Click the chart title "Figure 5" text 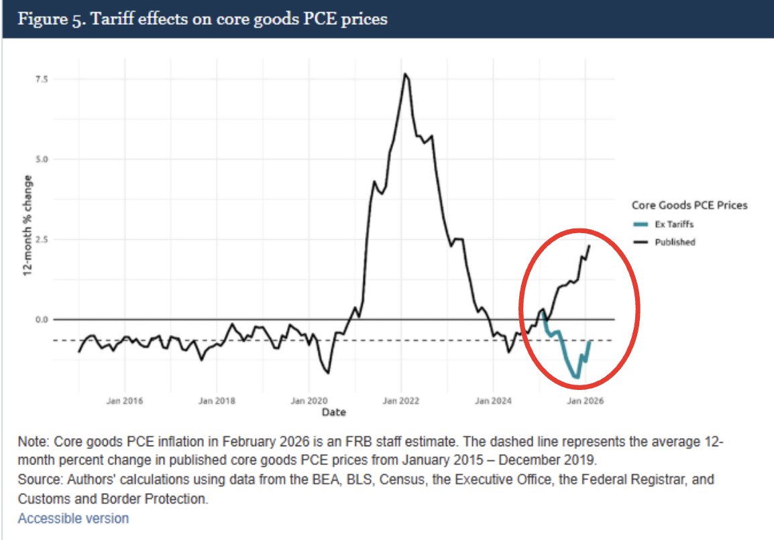click(x=202, y=19)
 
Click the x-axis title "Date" click(x=333, y=412)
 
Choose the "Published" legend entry click(x=675, y=242)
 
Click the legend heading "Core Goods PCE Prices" click(x=689, y=205)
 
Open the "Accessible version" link click(x=73, y=519)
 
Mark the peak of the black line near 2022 click(x=404, y=74)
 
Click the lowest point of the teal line click(x=577, y=378)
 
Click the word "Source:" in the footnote click(x=39, y=480)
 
